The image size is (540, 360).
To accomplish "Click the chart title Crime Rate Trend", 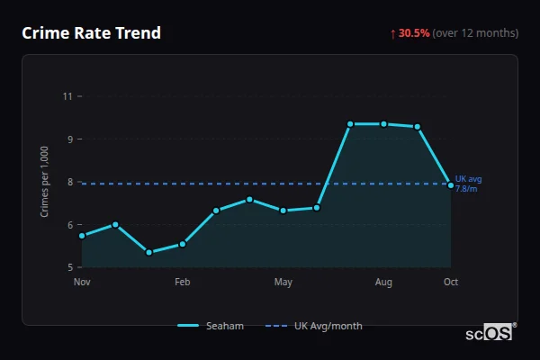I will pyautogui.click(x=91, y=33).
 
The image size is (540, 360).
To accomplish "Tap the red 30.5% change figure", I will pyautogui.click(x=414, y=33).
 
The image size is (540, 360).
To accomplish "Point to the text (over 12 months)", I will pyautogui.click(x=475, y=33).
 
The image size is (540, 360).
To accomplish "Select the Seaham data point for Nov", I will pyautogui.click(x=82, y=236).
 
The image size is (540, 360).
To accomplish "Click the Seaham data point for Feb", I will pyautogui.click(x=183, y=244).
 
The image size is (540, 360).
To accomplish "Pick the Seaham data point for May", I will pyautogui.click(x=283, y=211).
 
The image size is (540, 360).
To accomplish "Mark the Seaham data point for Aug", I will pyautogui.click(x=384, y=124).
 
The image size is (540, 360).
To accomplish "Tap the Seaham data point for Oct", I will pyautogui.click(x=451, y=185).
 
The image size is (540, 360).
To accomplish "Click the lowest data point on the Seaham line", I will pyautogui.click(x=148, y=253).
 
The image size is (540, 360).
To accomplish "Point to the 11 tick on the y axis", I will pyautogui.click(x=67, y=95).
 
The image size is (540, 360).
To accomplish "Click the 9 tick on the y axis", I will pyautogui.click(x=67, y=139).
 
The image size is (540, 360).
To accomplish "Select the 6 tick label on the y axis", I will pyautogui.click(x=67, y=225).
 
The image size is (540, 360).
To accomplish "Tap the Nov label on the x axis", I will pyautogui.click(x=82, y=283).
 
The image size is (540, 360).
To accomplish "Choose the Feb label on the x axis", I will pyautogui.click(x=183, y=283).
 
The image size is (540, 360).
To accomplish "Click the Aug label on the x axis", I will pyautogui.click(x=384, y=283).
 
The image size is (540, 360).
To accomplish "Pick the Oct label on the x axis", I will pyautogui.click(x=451, y=283).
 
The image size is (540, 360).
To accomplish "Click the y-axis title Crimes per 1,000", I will pyautogui.click(x=45, y=182).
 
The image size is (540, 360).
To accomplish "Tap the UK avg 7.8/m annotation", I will pyautogui.click(x=468, y=184).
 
